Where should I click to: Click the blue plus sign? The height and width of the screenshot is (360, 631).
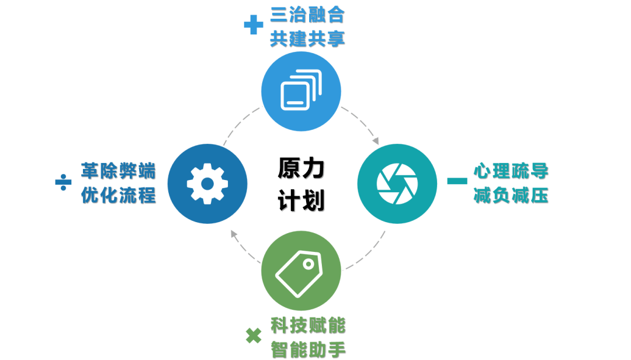(253, 25)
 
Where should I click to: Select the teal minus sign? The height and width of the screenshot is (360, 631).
(457, 181)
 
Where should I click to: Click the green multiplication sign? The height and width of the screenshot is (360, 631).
(253, 335)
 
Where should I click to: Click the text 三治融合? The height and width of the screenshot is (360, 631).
(307, 14)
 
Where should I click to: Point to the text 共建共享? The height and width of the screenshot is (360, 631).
(307, 38)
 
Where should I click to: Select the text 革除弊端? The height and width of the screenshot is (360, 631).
(119, 171)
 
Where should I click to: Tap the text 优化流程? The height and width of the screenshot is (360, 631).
(119, 195)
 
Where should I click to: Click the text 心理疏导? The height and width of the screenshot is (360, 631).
(511, 171)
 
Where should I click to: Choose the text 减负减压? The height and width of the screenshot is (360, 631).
(511, 195)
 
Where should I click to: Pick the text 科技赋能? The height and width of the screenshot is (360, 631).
(308, 325)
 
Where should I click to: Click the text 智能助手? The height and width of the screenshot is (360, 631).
(308, 349)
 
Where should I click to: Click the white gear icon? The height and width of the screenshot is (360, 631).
(207, 184)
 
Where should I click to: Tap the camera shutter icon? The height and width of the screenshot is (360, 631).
(396, 183)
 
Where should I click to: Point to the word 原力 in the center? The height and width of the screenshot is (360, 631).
(301, 169)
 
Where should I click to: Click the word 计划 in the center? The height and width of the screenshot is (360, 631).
(301, 200)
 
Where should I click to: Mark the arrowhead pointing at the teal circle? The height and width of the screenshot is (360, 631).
(376, 141)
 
